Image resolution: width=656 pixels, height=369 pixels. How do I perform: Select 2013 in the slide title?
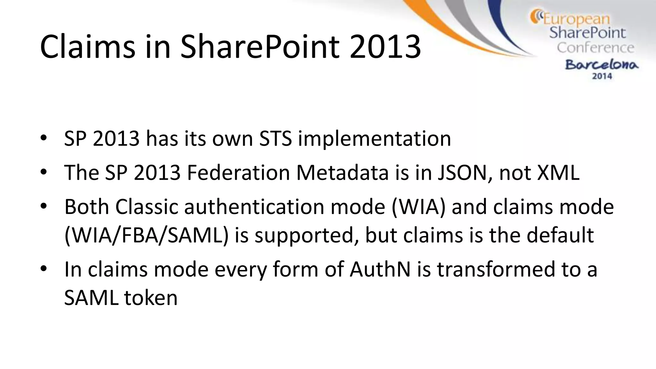(x=385, y=47)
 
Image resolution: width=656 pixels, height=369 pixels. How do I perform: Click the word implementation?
(x=374, y=139)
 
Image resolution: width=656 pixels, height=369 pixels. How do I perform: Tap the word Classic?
(x=146, y=207)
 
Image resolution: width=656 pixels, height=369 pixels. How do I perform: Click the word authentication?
(x=254, y=207)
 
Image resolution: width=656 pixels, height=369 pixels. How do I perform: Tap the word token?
(x=151, y=298)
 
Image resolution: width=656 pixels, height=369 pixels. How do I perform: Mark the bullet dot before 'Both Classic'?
(x=44, y=206)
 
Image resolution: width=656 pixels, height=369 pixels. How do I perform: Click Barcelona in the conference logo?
(x=602, y=65)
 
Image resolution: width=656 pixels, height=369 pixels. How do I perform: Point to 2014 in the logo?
(x=602, y=76)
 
